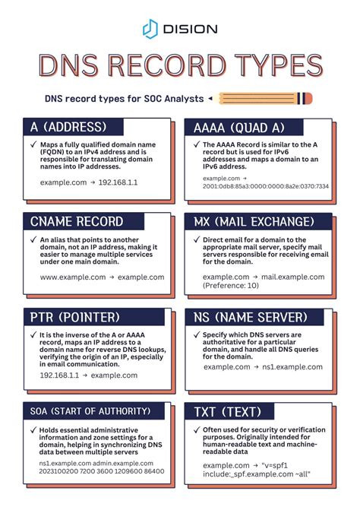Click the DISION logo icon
[x=150, y=29]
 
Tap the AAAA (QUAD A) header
[x=238, y=126]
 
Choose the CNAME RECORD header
[x=77, y=221]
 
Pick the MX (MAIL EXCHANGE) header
[x=254, y=221]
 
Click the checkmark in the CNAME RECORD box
[x=33, y=240]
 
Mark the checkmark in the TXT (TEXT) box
[x=195, y=429]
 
